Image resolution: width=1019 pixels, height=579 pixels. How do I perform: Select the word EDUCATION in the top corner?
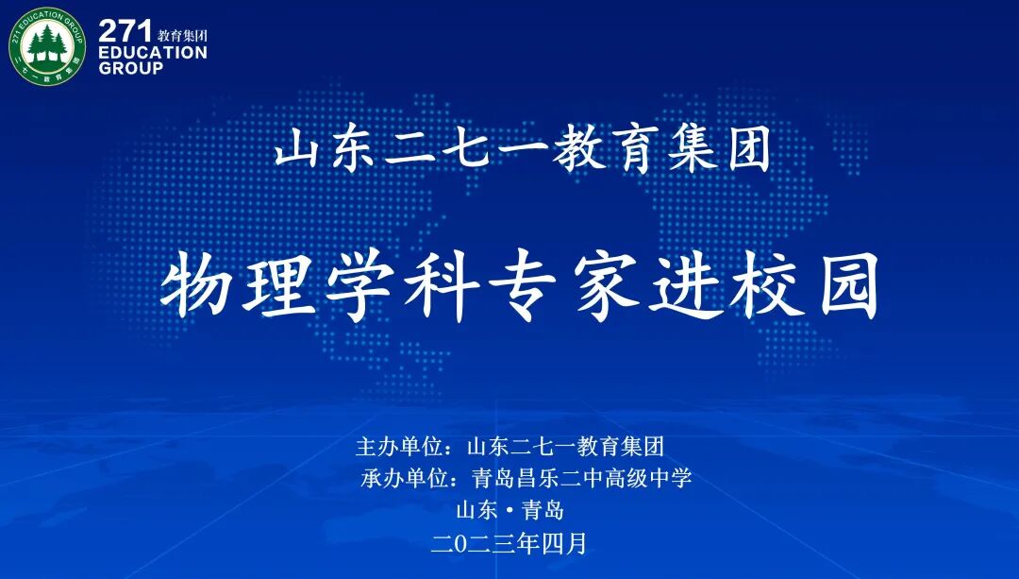tap(152, 53)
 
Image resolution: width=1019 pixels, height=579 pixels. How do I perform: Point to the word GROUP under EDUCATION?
tap(130, 69)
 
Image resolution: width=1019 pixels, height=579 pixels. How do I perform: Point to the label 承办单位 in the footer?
tap(404, 478)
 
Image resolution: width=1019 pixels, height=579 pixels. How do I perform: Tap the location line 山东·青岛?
tap(510, 511)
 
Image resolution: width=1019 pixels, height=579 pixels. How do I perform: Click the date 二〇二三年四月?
tap(509, 543)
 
